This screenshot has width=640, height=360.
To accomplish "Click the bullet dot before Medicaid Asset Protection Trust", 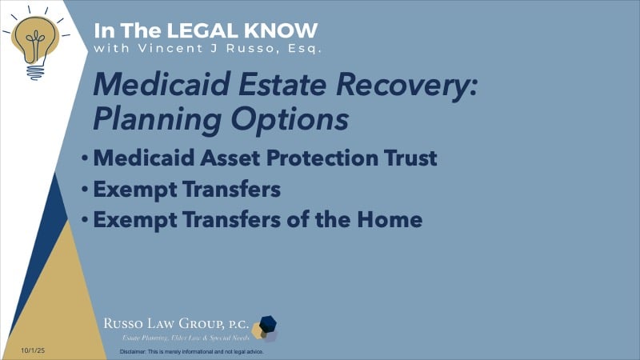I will coord(85,158).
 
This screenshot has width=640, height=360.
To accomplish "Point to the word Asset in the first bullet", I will coord(220,158).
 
